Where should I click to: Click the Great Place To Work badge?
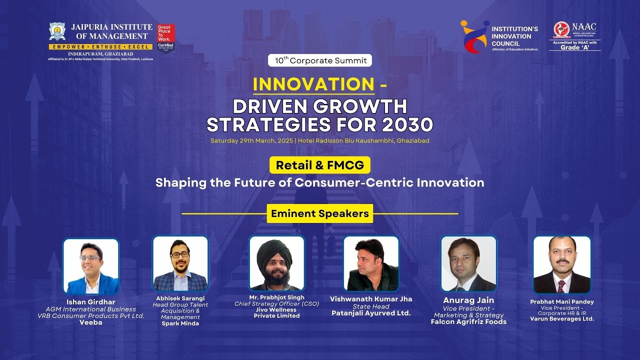click(165, 38)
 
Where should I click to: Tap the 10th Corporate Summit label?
click(320, 60)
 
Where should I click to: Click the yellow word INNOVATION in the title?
click(313, 84)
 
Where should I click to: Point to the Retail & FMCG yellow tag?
click(320, 165)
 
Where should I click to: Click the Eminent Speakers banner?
click(320, 214)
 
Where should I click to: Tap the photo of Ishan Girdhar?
click(91, 266)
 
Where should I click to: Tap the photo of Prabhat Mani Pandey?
click(562, 264)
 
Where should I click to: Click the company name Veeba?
click(91, 322)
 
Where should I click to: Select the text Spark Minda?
click(180, 323)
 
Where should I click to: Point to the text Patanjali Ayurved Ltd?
click(371, 313)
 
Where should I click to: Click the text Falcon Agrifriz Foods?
click(468, 321)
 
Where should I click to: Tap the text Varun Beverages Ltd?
click(562, 318)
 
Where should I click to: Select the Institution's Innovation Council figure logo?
click(473, 36)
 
